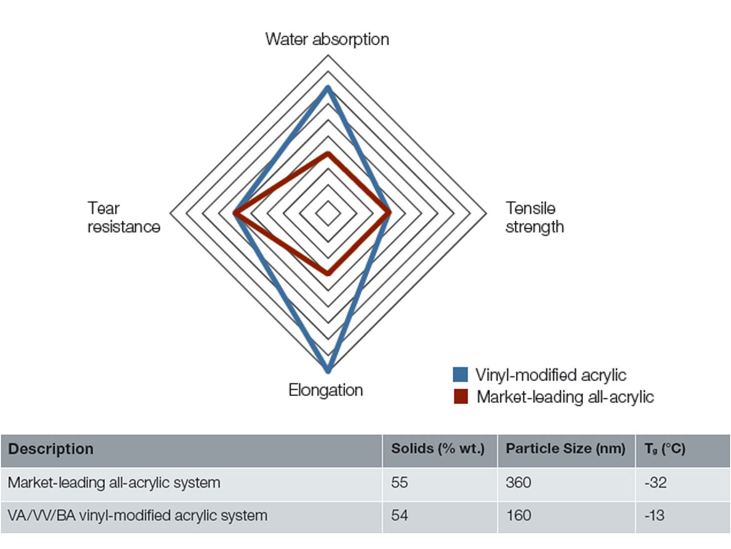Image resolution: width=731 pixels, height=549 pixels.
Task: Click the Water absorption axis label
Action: coord(327,39)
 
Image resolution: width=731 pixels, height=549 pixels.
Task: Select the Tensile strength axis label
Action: coord(535,218)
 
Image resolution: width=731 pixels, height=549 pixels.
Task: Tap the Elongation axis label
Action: coord(326,390)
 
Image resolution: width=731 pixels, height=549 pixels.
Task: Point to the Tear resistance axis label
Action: coord(124,218)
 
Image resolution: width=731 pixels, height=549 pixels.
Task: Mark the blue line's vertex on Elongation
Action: coord(328,370)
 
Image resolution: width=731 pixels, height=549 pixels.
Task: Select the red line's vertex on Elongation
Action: coord(328,273)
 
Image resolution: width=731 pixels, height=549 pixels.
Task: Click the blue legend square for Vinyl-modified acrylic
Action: coord(460,375)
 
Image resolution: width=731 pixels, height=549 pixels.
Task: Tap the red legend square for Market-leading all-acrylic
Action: coord(460,396)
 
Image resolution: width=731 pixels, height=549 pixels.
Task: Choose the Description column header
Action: coord(51,449)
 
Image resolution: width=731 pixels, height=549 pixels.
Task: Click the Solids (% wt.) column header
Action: coord(438,449)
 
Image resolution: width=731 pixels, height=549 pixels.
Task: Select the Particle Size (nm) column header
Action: coord(565,449)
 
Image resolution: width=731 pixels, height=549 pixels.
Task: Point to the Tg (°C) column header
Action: coord(665,449)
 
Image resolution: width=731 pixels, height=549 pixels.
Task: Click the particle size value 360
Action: coord(519,482)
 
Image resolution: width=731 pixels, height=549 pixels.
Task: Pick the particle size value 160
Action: coord(519,515)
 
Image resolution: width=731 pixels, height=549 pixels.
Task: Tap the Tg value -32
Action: coord(655,482)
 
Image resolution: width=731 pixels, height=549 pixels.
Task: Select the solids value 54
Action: coord(399,515)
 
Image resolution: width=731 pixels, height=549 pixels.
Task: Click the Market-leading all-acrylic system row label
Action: coord(114,483)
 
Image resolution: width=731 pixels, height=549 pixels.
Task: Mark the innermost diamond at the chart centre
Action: coord(328,213)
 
